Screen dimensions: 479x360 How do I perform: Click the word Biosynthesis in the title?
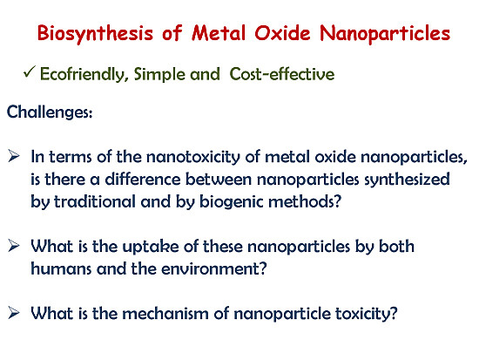[95, 33]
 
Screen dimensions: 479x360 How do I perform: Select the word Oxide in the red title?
[282, 32]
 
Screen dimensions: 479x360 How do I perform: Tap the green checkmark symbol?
[30, 72]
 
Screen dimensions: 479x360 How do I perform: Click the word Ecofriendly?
[83, 75]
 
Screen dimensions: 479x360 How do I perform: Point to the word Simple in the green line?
[159, 75]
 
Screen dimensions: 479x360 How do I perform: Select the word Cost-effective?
[282, 74]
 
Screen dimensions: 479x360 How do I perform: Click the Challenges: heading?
[50, 112]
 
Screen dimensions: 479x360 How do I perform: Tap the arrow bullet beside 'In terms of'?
[14, 156]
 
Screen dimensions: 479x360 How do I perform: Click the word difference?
[143, 180]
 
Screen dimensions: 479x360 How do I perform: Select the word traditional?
[95, 202]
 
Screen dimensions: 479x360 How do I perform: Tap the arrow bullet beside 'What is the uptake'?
[14, 246]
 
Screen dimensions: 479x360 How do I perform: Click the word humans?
[61, 269]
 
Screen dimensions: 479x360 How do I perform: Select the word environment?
[214, 269]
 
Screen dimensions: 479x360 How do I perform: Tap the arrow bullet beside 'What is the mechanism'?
[14, 313]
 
